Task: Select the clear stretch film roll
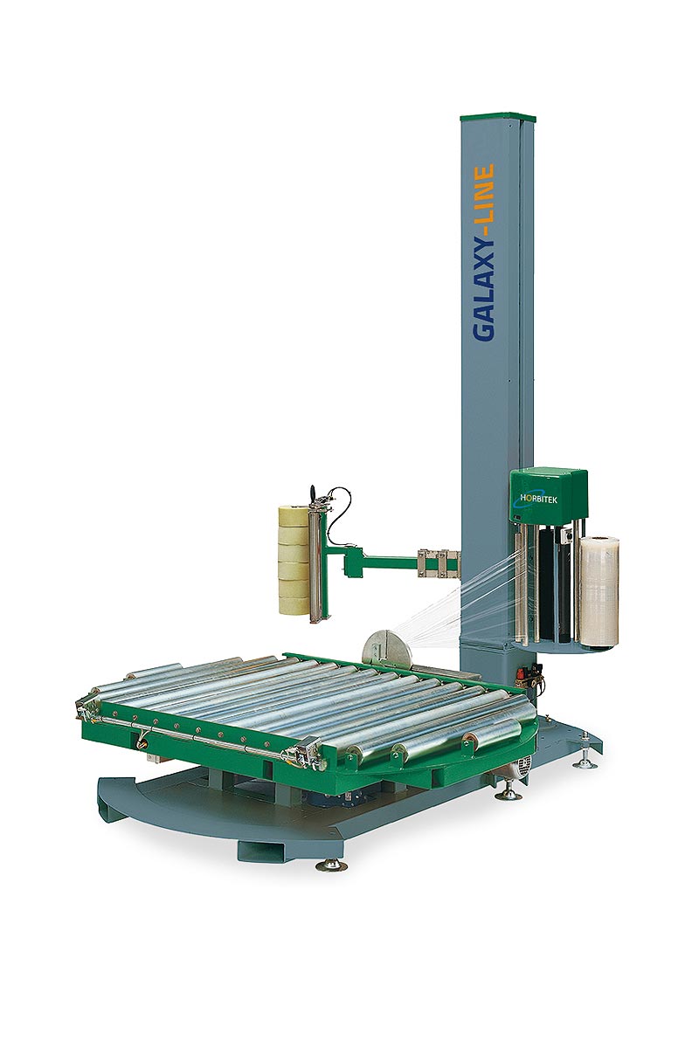click(599, 591)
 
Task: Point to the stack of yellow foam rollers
click(293, 559)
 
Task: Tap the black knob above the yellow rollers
click(310, 495)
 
